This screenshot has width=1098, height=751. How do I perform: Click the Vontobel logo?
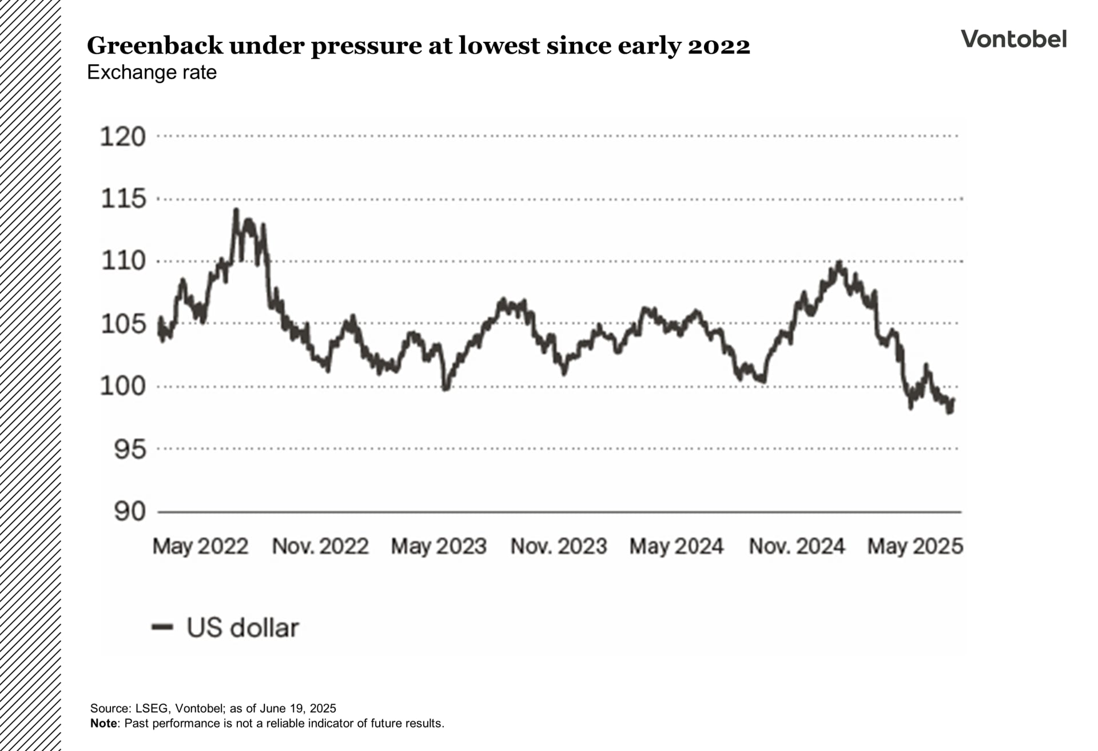coord(1013,39)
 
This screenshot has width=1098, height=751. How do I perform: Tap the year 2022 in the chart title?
coord(719,46)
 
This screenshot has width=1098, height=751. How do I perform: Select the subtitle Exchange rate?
coord(152,73)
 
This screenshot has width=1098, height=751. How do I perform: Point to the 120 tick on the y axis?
coord(123,137)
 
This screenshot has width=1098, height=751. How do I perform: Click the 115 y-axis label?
coord(123,199)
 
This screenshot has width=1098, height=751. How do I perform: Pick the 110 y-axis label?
coord(123,261)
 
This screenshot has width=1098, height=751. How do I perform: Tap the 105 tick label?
coord(123,324)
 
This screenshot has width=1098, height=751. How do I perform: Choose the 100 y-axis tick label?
coord(123,387)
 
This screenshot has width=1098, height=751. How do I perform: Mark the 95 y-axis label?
coord(130,450)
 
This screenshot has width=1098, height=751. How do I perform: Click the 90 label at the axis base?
coord(130,511)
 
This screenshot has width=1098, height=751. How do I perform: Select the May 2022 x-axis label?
coord(200,546)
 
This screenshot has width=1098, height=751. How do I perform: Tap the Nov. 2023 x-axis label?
coord(558,546)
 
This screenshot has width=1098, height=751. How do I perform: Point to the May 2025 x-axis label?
coord(915,546)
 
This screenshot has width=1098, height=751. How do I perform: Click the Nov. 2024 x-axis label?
coord(797,546)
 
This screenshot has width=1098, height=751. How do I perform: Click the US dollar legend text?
coord(242,627)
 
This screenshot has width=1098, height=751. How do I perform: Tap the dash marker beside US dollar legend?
coord(162,627)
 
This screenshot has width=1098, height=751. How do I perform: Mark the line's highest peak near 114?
coord(236,210)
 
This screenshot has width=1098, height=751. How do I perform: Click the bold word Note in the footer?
coord(104,724)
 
